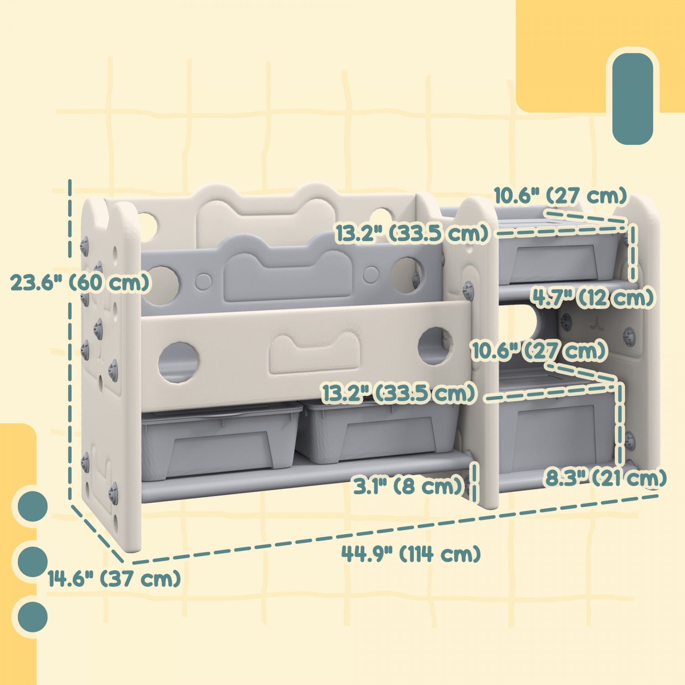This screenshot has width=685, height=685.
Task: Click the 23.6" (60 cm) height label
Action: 80,283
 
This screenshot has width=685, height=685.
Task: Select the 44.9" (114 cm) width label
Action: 411,554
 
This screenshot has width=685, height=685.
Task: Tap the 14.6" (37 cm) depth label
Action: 114,579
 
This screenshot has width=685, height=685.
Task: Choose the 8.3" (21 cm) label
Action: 606,479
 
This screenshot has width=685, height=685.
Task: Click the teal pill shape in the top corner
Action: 632,99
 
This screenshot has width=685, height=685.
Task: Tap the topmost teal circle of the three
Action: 32,506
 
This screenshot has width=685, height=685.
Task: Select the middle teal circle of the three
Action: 32,561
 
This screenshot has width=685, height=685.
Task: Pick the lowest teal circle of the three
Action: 32,617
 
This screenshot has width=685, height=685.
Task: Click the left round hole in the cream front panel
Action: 178,363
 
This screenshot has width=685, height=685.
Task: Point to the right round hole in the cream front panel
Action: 435,346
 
